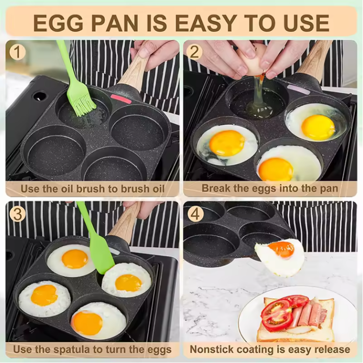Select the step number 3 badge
[17, 214]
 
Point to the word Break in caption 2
[217, 188]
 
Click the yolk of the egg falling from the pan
[281, 248]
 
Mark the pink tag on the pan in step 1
[121, 98]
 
